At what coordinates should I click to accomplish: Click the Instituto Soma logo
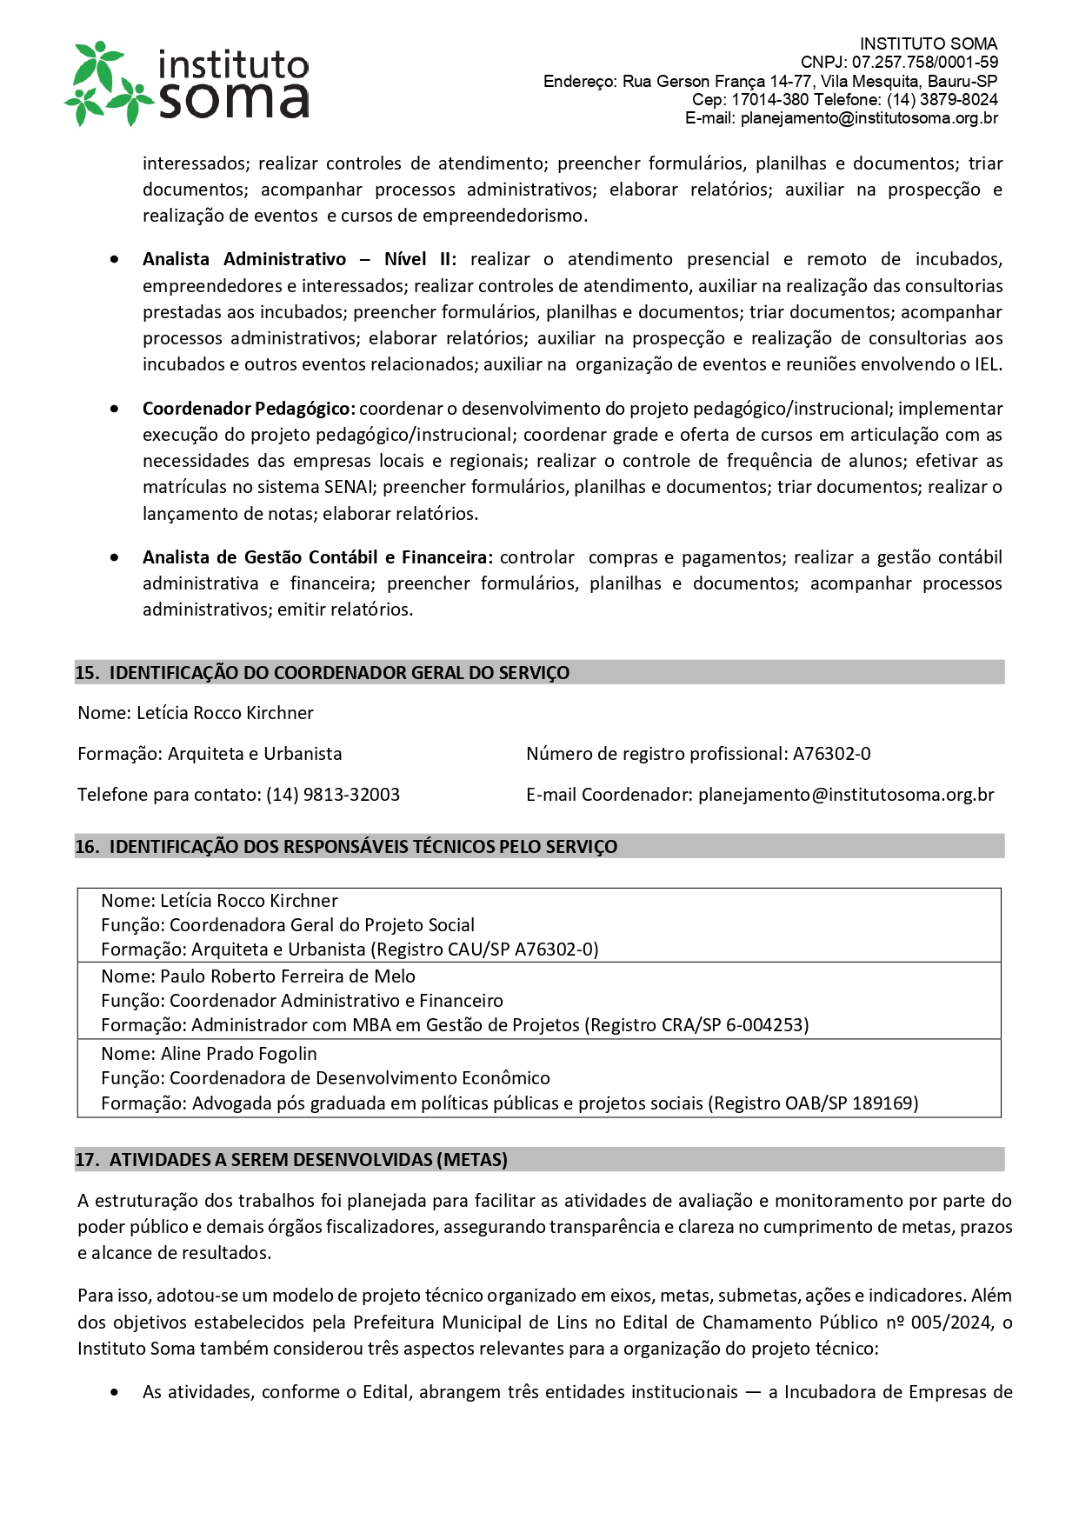pyautogui.click(x=187, y=83)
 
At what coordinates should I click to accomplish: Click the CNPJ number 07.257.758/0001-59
pyautogui.click(x=924, y=63)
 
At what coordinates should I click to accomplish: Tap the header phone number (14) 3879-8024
pyautogui.click(x=942, y=100)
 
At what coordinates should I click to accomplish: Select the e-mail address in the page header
pyautogui.click(x=869, y=118)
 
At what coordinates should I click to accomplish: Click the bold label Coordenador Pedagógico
pyautogui.click(x=248, y=409)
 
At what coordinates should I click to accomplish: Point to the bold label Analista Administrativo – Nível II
pyautogui.click(x=298, y=259)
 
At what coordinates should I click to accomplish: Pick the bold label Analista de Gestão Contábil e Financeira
pyautogui.click(x=317, y=557)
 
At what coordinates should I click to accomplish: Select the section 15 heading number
pyautogui.click(x=86, y=673)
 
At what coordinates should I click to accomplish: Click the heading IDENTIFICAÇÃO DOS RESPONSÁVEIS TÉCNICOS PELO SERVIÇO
pyautogui.click(x=363, y=847)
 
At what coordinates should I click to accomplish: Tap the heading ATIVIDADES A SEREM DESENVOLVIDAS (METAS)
pyautogui.click(x=308, y=1160)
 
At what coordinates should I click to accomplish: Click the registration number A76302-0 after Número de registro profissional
pyautogui.click(x=831, y=754)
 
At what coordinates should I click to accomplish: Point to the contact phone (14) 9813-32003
pyautogui.click(x=333, y=795)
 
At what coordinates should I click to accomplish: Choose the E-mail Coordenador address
pyautogui.click(x=846, y=795)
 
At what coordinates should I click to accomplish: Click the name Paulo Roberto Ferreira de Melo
pyautogui.click(x=288, y=976)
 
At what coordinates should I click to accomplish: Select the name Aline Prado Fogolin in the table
pyautogui.click(x=239, y=1054)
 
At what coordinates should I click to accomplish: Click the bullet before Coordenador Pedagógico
pyautogui.click(x=115, y=409)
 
